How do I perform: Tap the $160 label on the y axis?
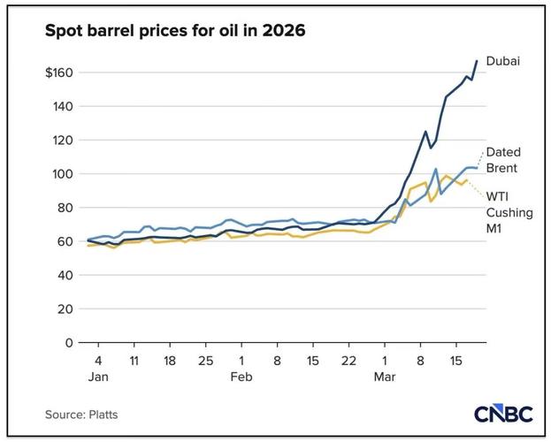(x=61, y=72)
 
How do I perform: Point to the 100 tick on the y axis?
(x=65, y=174)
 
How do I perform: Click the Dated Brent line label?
(x=502, y=159)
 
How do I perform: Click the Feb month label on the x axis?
(x=241, y=377)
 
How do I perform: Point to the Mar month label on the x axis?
(x=385, y=377)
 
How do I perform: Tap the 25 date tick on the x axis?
(x=205, y=361)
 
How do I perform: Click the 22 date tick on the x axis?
(x=349, y=361)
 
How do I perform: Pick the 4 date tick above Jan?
(x=97, y=361)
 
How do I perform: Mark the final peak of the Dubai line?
(x=477, y=61)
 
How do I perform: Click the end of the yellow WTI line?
(x=466, y=179)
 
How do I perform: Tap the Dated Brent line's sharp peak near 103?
(x=436, y=169)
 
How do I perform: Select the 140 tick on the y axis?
(x=65, y=107)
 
